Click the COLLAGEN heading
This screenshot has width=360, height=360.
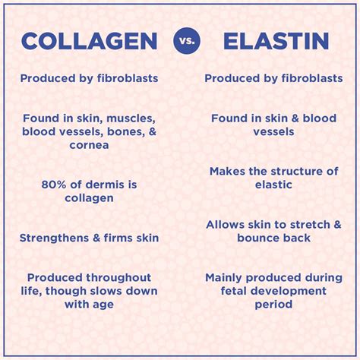(90, 41)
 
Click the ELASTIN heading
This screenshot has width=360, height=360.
(276, 41)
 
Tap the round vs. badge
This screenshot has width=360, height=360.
(187, 41)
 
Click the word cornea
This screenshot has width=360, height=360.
(89, 145)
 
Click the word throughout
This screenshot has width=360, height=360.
(118, 278)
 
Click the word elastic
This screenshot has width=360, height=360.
(273, 185)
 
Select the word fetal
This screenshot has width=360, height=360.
(232, 291)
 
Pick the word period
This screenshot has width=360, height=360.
(273, 305)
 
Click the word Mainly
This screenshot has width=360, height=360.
(223, 278)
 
